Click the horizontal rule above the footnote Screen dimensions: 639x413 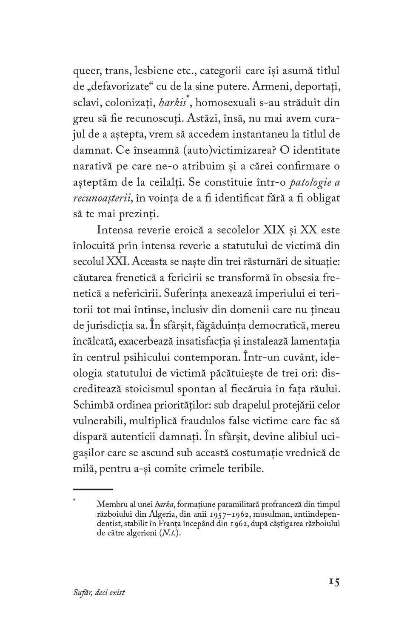tap(93, 489)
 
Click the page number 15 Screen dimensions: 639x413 tap(334, 582)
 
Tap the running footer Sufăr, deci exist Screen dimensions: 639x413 tap(99, 593)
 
